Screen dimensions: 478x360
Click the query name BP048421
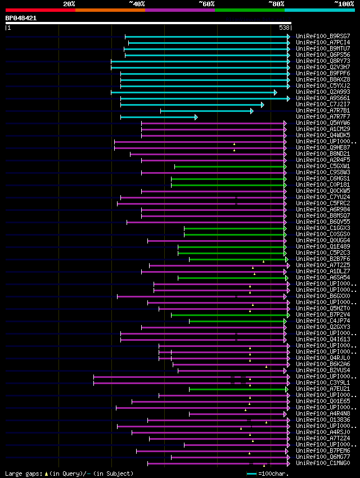[21, 18]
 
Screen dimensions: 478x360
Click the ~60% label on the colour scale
[206, 4]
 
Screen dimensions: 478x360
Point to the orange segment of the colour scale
[110, 10]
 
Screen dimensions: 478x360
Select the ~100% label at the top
[344, 4]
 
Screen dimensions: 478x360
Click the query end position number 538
[284, 28]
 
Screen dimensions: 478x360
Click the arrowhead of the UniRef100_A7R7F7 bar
[196, 117]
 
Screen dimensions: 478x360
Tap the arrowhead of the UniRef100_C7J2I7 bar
[263, 105]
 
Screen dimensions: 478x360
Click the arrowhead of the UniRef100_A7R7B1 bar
[251, 111]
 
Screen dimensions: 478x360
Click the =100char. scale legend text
[274, 474]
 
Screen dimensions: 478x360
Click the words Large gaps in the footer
[22, 474]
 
